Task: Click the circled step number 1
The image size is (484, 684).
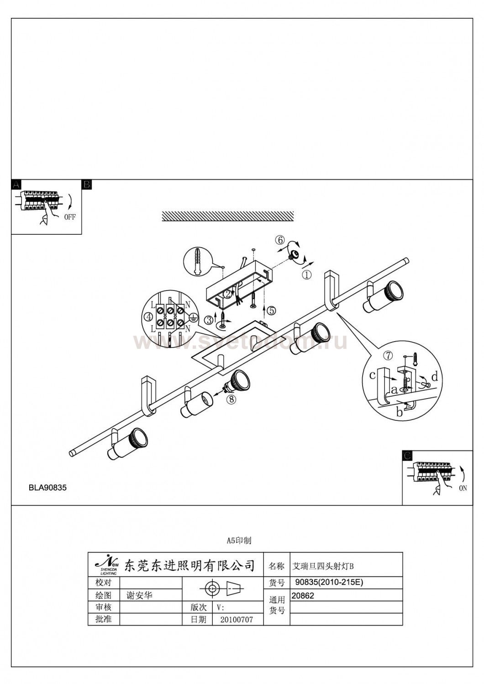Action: pyautogui.click(x=306, y=275)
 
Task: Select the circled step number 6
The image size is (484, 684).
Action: pyautogui.click(x=280, y=240)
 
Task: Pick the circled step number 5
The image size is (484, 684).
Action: pyautogui.click(x=271, y=311)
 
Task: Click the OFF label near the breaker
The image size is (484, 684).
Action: pyautogui.click(x=70, y=217)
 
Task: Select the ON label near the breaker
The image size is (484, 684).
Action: pyautogui.click(x=463, y=488)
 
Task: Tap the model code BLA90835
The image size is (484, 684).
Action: pyautogui.click(x=47, y=487)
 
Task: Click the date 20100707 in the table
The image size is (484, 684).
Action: pyautogui.click(x=236, y=620)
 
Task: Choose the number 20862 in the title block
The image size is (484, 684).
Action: pyautogui.click(x=303, y=596)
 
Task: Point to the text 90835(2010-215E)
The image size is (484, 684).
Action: pyautogui.click(x=329, y=582)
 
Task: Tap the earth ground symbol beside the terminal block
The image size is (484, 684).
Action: pyautogui.click(x=193, y=319)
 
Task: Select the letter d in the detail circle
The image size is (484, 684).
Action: pyautogui.click(x=434, y=377)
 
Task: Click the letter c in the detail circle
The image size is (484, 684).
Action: pyautogui.click(x=373, y=375)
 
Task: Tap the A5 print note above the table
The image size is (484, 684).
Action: pyautogui.click(x=239, y=541)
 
